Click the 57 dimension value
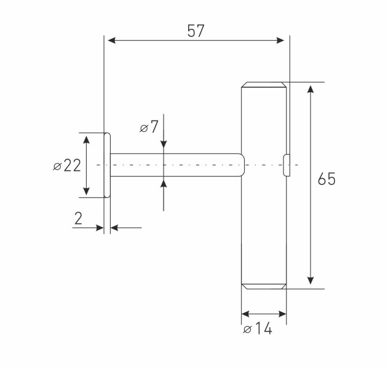pyautogui.click(x=196, y=31)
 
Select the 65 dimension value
pyautogui.click(x=327, y=179)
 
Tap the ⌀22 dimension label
pyautogui.click(x=67, y=165)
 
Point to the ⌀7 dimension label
pyautogui.click(x=149, y=127)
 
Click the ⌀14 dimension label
pyautogui.click(x=258, y=328)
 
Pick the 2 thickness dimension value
pyautogui.click(x=78, y=218)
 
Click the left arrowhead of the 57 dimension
pyautogui.click(x=112, y=41)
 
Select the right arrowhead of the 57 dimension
pyautogui.click(x=280, y=41)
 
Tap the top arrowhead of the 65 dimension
pyautogui.click(x=311, y=89)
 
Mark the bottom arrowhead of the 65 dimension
pyautogui.click(x=311, y=280)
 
